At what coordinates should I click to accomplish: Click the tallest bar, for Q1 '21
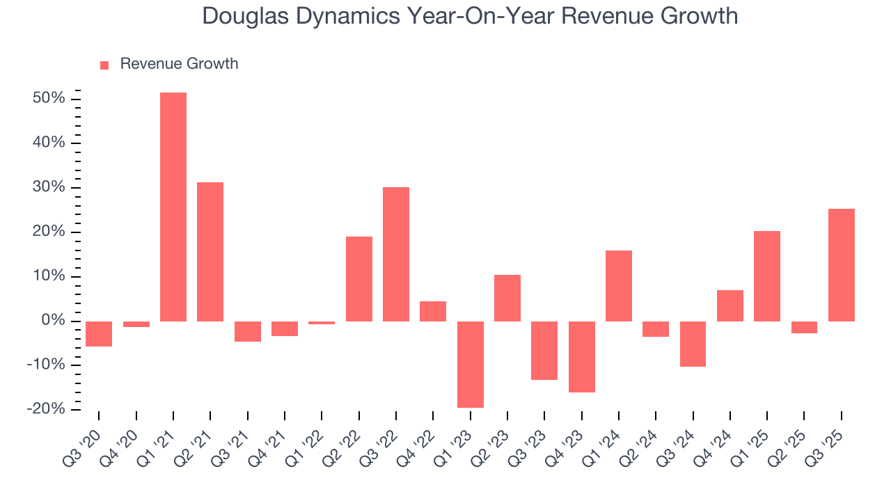coord(173,207)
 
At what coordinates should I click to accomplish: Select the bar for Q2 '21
coord(210,251)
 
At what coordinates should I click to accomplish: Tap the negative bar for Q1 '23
coord(470,364)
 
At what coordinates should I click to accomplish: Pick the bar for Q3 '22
coord(396,254)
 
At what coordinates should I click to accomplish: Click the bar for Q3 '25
coord(841,264)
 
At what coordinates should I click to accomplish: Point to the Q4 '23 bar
coord(581,356)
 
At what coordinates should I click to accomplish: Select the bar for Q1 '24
coord(619,285)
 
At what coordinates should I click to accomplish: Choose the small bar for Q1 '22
coord(322,323)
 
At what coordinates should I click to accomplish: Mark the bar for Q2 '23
coord(507,298)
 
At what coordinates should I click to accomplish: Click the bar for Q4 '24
coord(730,305)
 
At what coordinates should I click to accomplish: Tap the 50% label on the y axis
coord(49,98)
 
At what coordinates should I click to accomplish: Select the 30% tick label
coord(49,187)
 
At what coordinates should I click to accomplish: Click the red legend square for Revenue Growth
coord(104,65)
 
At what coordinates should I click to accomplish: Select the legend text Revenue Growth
coord(179,64)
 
